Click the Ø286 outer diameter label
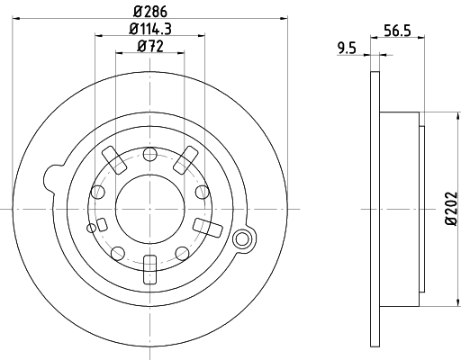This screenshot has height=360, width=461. coord(149,13)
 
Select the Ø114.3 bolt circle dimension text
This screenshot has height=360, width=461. coord(149,30)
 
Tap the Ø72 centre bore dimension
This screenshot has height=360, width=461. coord(149,47)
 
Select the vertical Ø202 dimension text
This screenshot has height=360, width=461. coord(450,209)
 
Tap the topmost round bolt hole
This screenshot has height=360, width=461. coord(149,154)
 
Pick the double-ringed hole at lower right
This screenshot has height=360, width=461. coord(241,239)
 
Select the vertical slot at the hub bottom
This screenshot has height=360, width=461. coord(149,267)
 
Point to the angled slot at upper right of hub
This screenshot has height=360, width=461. coord(185,158)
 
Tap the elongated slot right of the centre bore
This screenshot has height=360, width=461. coord(203,224)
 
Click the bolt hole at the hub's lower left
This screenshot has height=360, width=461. coord(117,251)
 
